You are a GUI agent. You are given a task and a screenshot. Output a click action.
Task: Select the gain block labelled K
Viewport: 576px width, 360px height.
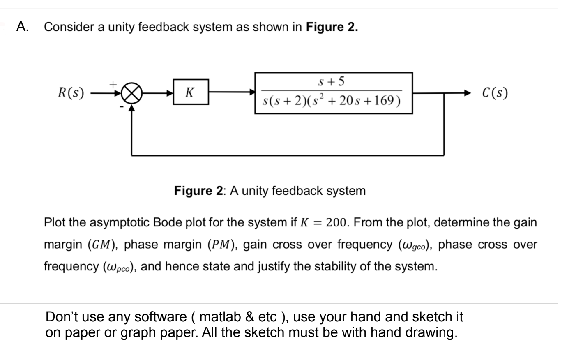[191, 92]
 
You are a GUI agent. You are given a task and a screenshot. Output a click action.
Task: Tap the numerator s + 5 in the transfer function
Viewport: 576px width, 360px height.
[332, 82]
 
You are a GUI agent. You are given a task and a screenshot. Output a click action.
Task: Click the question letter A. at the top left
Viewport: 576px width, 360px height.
[23, 27]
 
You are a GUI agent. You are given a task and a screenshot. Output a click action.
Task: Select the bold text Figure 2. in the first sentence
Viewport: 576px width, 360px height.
[332, 27]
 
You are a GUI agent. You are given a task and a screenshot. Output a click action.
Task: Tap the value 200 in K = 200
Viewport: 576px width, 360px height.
[337, 222]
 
